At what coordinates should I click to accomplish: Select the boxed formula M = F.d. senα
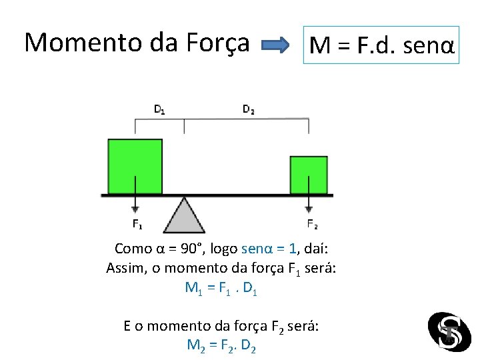[x=381, y=45]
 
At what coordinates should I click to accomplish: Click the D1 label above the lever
[x=161, y=109]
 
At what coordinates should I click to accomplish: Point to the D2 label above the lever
[x=248, y=109]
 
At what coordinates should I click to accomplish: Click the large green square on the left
[x=135, y=166]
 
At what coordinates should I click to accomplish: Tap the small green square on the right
[x=308, y=175]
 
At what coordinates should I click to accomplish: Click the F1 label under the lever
[x=136, y=224]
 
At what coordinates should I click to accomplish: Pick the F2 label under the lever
[x=311, y=224]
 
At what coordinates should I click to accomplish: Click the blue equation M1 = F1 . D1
[x=221, y=289]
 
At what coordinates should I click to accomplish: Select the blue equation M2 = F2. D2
[x=222, y=346]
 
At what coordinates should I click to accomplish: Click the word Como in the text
[x=133, y=249]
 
